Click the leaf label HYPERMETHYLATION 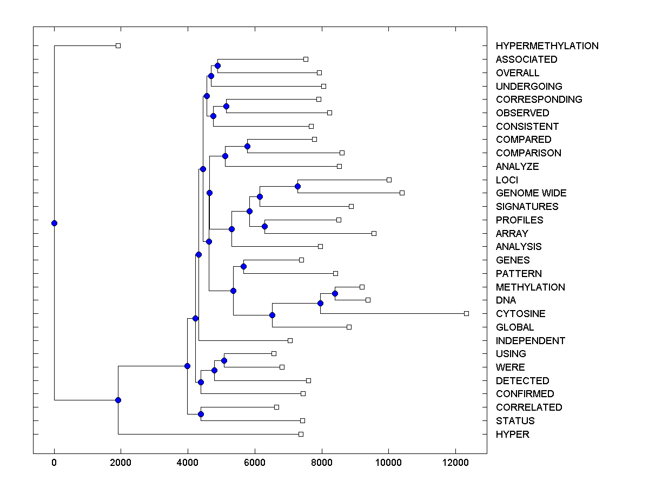pos(547,46)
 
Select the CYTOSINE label pos(520,314)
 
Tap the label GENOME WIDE pos(531,193)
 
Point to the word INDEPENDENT pos(530,341)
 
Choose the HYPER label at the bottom pos(512,435)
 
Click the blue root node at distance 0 pos(54,223)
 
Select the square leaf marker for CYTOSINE pos(466,313)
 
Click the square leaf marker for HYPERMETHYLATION pos(118,45)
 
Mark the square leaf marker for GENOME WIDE pos(402,193)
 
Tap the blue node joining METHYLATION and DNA pos(335,293)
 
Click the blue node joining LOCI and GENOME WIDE pos(297,186)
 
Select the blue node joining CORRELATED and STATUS pos(201,414)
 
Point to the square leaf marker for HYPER pos(301,434)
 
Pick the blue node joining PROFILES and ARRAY pos(264,226)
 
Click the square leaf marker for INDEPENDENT pos(290,340)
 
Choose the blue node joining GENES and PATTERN pos(243,266)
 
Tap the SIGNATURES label pos(527,207)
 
